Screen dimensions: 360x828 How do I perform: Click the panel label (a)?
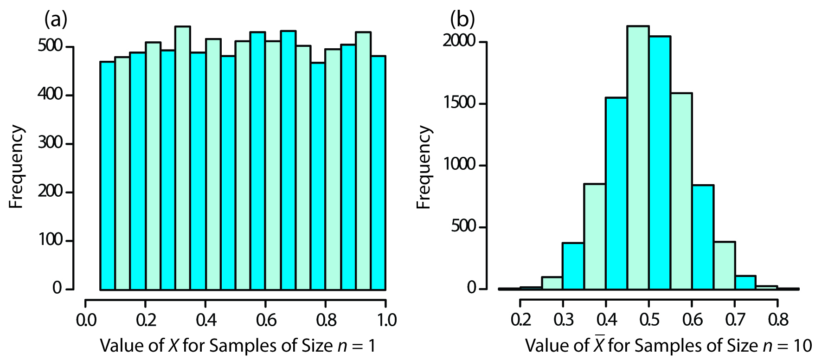point(56,19)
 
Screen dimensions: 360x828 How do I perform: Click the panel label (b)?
point(462,19)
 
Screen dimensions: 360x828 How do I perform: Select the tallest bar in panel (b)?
point(638,158)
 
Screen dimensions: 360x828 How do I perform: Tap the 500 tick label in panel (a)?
point(50,46)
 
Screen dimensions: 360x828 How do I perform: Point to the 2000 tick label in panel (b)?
point(459,41)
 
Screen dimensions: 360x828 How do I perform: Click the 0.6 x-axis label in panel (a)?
point(266,320)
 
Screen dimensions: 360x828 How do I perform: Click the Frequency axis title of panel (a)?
point(16,167)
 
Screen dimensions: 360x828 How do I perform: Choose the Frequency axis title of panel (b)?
point(424,167)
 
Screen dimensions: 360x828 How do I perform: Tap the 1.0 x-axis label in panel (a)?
point(386,320)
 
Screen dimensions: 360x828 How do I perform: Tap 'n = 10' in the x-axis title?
point(787,346)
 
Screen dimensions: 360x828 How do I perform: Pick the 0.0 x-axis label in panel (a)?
point(86,320)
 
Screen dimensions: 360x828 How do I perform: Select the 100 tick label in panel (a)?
point(50,240)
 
